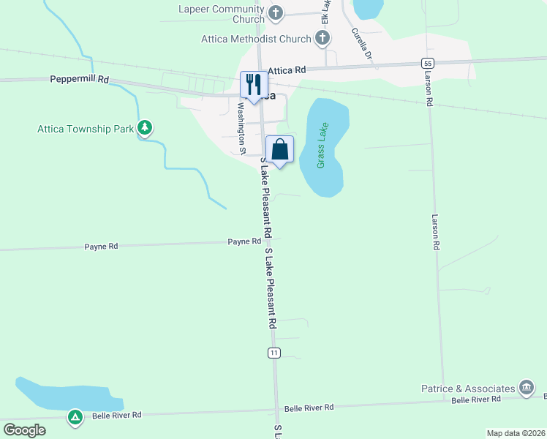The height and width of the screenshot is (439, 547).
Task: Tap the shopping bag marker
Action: click(x=279, y=150)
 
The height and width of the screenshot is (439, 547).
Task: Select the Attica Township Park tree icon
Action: click(x=146, y=129)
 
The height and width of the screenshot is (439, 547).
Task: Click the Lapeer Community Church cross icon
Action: click(x=275, y=12)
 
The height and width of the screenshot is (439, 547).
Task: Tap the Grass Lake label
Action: click(x=322, y=145)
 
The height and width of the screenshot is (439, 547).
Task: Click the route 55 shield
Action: click(x=428, y=63)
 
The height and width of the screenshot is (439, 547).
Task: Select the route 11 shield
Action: click(x=273, y=353)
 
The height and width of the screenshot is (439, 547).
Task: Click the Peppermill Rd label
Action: click(x=79, y=78)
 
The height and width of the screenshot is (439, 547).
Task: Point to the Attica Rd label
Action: click(x=286, y=70)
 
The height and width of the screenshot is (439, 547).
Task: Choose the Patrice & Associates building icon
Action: click(x=525, y=387)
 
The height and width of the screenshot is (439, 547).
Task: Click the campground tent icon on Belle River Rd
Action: click(x=75, y=418)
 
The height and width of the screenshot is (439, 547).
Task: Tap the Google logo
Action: click(x=24, y=429)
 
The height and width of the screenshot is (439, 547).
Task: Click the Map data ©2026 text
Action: click(x=516, y=433)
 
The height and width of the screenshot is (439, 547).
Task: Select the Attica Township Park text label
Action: click(x=86, y=130)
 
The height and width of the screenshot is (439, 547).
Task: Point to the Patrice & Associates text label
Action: click(x=468, y=388)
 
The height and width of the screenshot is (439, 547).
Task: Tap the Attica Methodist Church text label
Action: click(x=256, y=39)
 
